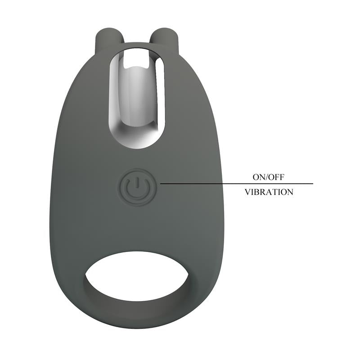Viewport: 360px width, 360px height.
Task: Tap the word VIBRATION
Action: [x=269, y=192]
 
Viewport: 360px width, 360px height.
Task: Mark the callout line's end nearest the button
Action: [x=161, y=184]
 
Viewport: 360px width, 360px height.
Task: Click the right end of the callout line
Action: [x=312, y=184]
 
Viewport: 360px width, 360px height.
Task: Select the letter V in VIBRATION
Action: [x=247, y=192]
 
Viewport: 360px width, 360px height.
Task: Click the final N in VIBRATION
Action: [x=290, y=192]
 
